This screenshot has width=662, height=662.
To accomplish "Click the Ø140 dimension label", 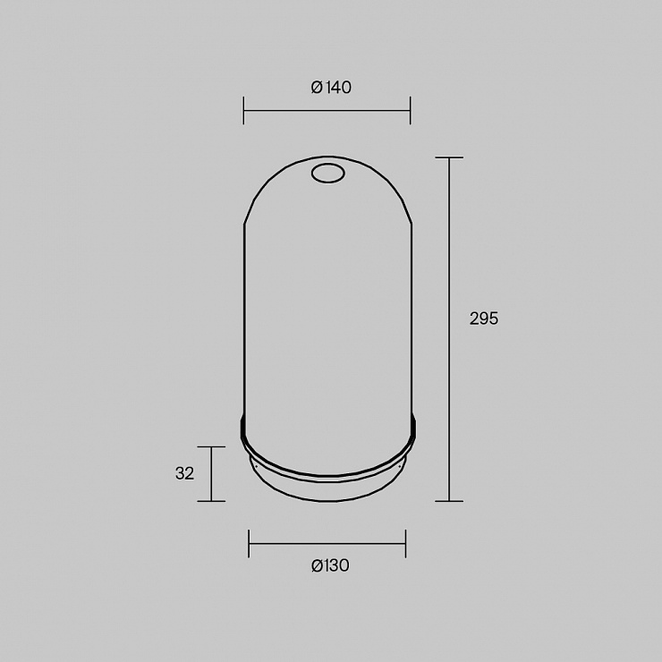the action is (331, 88).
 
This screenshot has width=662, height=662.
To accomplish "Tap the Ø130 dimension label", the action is (331, 565).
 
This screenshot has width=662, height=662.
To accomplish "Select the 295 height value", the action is (484, 318).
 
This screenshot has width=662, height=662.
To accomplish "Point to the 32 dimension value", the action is (184, 473).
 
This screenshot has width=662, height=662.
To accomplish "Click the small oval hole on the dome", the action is (328, 174).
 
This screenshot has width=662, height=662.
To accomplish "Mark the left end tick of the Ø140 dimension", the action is (243, 111).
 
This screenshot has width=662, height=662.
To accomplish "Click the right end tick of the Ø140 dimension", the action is (410, 111).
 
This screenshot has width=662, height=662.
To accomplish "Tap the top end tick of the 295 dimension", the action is (449, 157).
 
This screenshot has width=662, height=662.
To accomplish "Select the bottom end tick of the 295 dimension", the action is (449, 501).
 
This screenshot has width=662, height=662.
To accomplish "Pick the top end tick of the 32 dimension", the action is (211, 446).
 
